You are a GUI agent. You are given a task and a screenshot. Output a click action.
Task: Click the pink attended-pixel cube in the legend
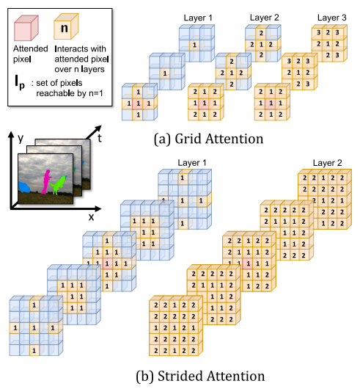26,28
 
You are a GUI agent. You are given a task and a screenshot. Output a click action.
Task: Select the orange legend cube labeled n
66,26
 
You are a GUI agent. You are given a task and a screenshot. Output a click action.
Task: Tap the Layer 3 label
331,18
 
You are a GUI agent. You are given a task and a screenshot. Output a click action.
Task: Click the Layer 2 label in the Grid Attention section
265,18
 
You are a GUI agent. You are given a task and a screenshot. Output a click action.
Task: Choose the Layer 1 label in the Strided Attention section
192,163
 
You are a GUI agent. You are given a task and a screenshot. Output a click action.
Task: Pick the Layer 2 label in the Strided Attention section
327,163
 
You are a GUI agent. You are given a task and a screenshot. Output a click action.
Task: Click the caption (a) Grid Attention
208,139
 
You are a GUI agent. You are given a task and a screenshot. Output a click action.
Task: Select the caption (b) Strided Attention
200,376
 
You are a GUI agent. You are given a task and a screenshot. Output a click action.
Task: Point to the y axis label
21,138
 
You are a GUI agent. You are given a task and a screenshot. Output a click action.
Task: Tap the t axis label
100,138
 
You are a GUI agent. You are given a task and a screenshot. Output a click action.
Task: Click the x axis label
92,217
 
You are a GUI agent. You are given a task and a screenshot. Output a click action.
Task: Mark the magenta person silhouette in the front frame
46,181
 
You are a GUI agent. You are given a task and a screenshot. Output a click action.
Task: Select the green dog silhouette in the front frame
59,185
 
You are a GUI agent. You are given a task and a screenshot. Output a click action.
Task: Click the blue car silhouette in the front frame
24,187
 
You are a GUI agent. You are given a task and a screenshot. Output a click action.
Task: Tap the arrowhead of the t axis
98,128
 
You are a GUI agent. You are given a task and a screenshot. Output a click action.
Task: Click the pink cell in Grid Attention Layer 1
138,103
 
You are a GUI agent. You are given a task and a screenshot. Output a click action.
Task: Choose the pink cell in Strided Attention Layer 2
248,263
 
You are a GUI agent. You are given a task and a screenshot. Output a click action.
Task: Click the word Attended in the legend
31,48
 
